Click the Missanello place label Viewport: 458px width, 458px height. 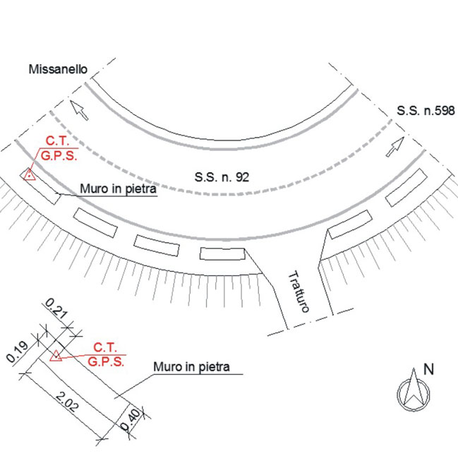(58, 69)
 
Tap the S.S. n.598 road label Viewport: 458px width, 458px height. (426, 111)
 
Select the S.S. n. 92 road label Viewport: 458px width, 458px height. (222, 177)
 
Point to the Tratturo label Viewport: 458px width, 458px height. (299, 291)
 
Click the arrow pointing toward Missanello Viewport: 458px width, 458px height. (79, 110)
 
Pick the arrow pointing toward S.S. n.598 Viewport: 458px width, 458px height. (395, 147)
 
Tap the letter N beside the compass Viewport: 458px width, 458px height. (428, 369)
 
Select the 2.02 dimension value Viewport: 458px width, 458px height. (67, 402)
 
